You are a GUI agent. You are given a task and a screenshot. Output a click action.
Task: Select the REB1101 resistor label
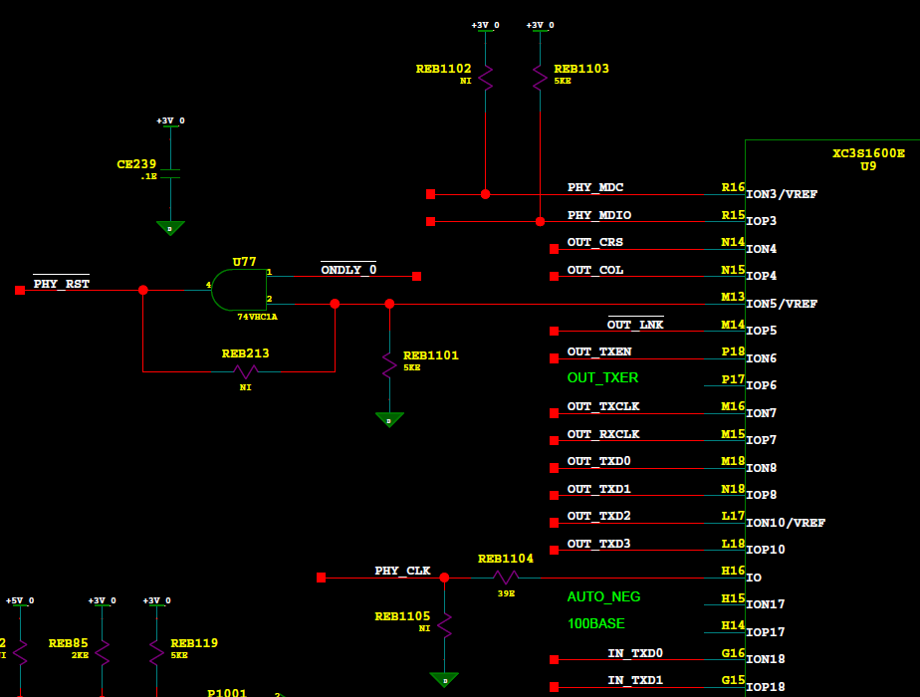431,355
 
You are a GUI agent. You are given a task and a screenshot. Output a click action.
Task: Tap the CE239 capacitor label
136,164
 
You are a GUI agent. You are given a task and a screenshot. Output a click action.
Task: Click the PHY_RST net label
61,284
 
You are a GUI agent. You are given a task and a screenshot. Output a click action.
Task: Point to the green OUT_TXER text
602,378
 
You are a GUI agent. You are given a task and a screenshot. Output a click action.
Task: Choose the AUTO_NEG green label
603,597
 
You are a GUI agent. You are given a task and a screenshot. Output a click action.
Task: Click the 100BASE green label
595,624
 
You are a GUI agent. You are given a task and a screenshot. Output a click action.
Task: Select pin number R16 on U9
733,187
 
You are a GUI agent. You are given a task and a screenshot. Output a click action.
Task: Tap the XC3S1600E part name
868,153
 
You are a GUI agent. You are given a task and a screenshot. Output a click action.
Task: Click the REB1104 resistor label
505,560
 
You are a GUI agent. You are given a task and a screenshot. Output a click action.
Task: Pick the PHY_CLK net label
402,572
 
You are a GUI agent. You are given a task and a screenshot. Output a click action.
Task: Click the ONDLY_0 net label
348,270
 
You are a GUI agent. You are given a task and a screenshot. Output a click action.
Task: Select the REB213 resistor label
245,353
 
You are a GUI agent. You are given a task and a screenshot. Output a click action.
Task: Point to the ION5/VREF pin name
782,305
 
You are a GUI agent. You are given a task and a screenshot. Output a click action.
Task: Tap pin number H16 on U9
733,571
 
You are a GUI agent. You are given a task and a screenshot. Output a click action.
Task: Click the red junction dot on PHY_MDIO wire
540,221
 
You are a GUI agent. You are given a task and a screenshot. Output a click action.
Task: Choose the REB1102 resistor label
443,70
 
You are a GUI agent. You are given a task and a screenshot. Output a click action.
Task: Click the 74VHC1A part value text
257,317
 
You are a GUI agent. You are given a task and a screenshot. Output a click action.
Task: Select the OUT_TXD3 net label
598,544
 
